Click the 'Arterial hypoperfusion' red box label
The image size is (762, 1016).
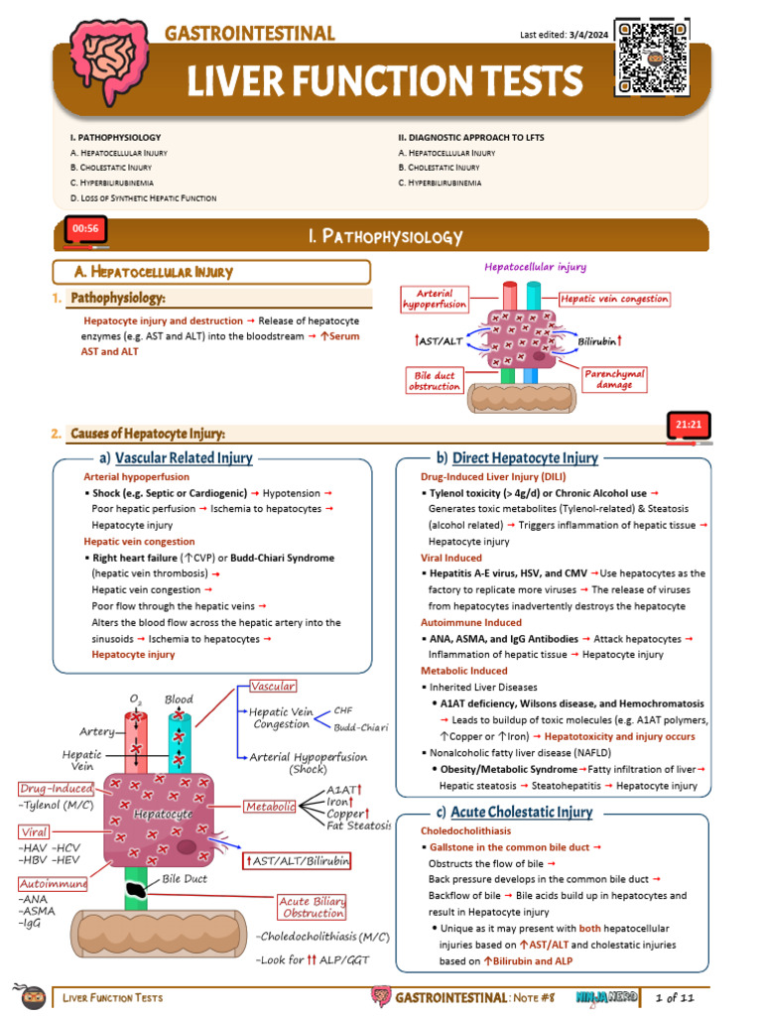point(435,299)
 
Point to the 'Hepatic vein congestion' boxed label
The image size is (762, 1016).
point(614,299)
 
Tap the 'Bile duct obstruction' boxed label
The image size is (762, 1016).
point(435,380)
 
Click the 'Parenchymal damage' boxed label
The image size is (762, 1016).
point(615,378)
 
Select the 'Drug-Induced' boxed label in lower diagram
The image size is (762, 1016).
point(57,789)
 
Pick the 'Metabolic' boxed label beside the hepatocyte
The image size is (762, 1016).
point(270,807)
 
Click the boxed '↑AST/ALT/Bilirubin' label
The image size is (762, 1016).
point(298,860)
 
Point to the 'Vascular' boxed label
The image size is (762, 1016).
point(273,687)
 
